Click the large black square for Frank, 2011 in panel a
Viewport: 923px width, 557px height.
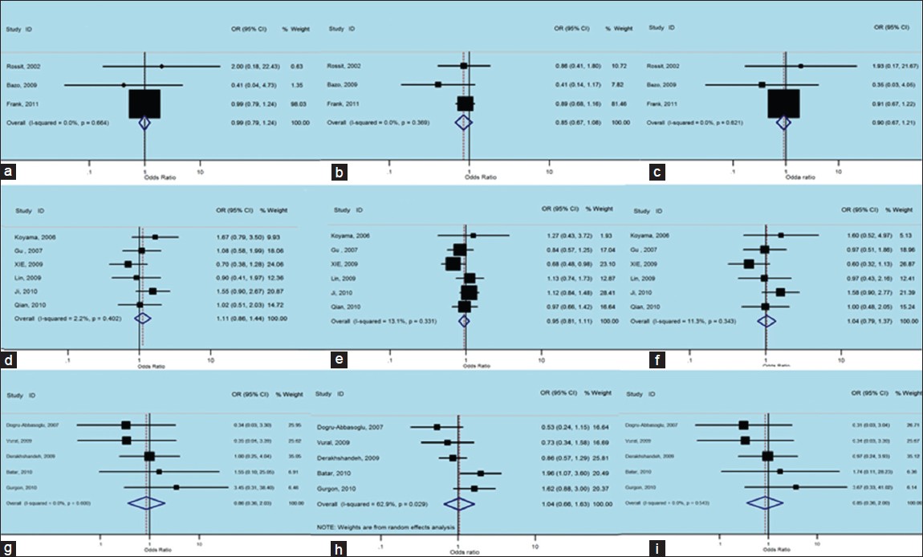point(144,104)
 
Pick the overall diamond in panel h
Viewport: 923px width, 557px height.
point(457,503)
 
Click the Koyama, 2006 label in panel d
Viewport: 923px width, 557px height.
point(35,237)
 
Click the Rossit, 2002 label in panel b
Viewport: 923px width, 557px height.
point(344,65)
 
